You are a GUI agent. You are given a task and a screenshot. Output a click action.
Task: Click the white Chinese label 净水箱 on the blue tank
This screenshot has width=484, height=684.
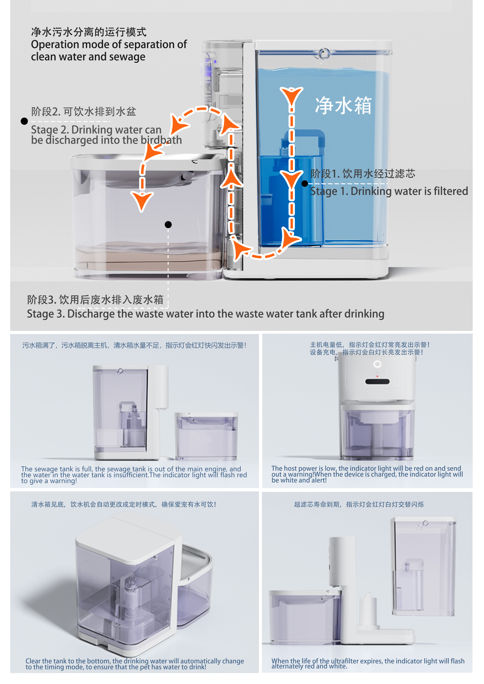(343, 105)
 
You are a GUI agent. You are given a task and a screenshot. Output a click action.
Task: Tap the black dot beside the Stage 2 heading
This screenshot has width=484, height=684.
(24, 121)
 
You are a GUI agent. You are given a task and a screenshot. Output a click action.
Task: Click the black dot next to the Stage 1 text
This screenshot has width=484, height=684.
(304, 183)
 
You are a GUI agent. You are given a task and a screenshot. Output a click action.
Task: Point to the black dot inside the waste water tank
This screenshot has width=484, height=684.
(168, 225)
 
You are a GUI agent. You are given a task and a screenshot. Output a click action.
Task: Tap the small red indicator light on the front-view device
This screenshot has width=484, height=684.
(377, 376)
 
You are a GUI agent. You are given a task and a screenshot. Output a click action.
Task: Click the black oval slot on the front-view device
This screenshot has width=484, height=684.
(377, 382)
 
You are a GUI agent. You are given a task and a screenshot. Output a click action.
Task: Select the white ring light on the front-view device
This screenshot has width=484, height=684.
(377, 364)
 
